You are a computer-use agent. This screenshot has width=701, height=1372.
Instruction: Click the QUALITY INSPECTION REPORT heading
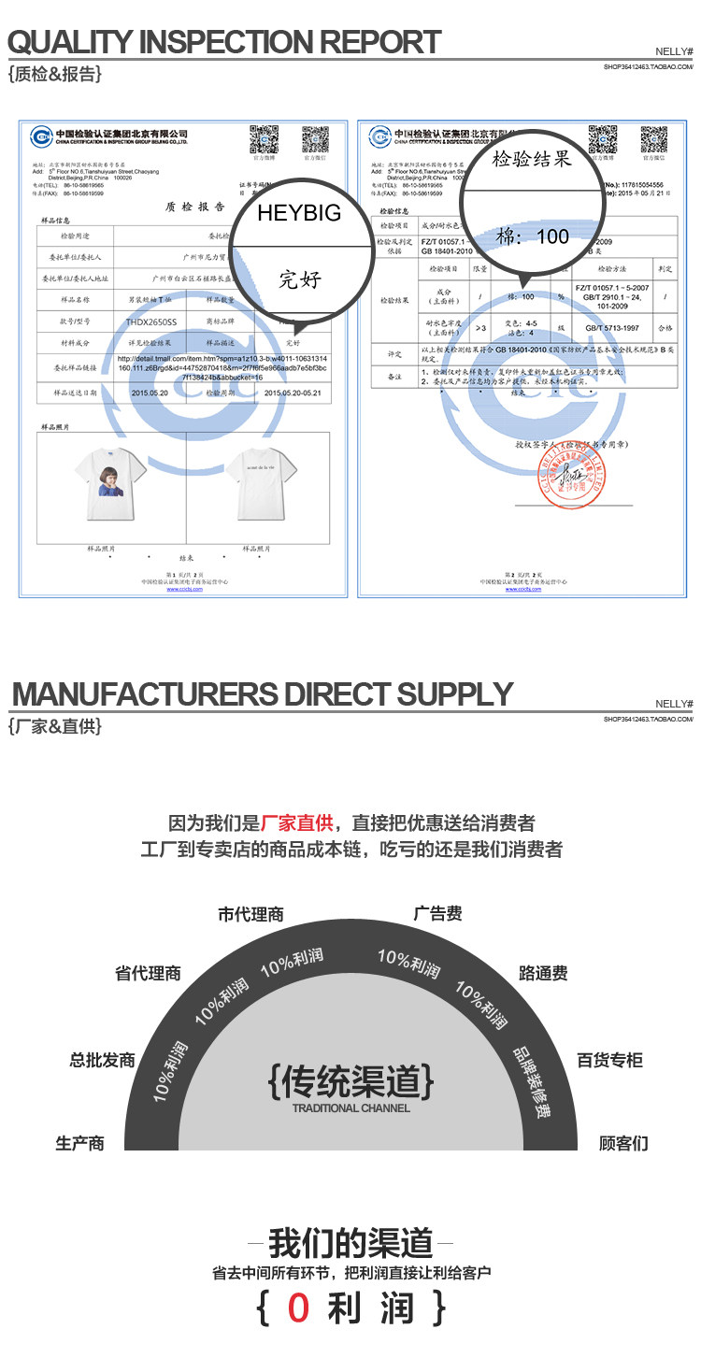(x=224, y=42)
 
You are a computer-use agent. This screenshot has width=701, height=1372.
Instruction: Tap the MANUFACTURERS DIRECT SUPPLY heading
(x=263, y=694)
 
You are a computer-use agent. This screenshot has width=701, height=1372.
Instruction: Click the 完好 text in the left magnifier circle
(x=298, y=278)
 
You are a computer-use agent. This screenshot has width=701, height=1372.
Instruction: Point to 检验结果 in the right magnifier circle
(x=532, y=159)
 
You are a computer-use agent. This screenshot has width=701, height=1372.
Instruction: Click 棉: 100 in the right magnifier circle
(x=532, y=236)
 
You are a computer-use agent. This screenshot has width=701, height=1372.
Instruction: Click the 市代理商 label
(x=251, y=914)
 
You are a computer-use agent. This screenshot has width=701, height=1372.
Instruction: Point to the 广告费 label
(x=438, y=913)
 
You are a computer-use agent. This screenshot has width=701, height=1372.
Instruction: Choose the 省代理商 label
(x=148, y=973)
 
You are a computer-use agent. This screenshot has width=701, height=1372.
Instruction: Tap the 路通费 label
(x=543, y=973)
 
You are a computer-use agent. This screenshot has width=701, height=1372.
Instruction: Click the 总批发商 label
(x=103, y=1060)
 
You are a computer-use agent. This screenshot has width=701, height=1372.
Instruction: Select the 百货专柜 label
(x=609, y=1060)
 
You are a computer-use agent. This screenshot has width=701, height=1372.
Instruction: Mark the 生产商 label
(x=79, y=1143)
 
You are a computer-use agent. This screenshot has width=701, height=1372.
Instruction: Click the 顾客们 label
(x=623, y=1143)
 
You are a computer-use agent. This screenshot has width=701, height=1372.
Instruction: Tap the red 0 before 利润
(x=298, y=1308)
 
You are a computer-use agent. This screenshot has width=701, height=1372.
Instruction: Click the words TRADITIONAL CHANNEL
(x=350, y=1108)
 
